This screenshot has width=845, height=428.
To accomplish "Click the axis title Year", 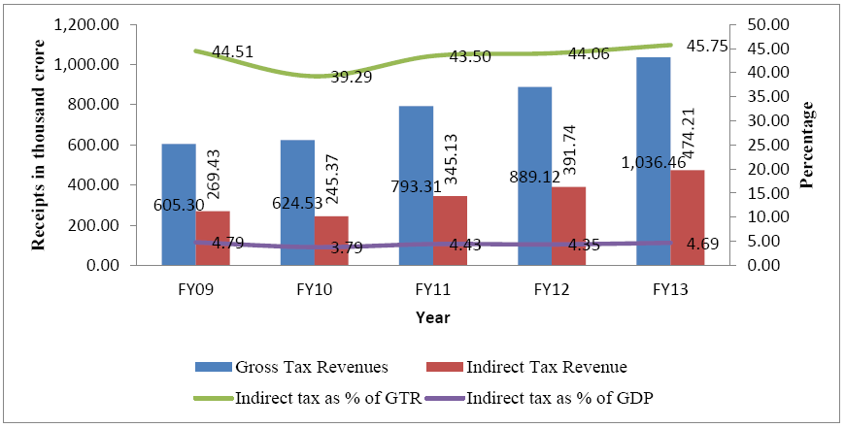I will [432, 316].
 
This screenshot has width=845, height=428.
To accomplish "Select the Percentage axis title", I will [807, 145].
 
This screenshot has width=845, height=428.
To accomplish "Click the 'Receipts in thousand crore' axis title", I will [40, 146].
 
